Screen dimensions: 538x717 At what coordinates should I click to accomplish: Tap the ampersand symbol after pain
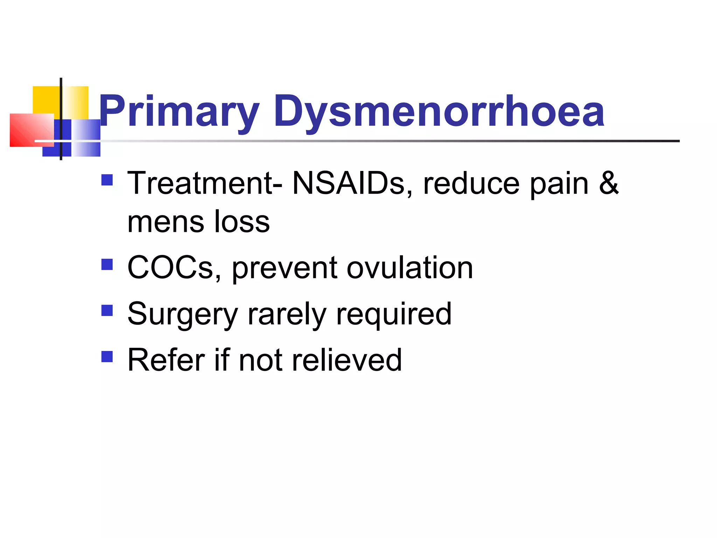[x=608, y=183]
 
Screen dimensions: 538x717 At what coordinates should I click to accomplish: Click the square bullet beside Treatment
[x=107, y=180]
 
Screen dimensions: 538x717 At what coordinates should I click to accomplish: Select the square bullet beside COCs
[x=107, y=264]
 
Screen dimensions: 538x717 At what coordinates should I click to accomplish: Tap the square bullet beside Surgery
[x=107, y=311]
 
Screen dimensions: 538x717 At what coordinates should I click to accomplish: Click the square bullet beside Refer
[x=107, y=357]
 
